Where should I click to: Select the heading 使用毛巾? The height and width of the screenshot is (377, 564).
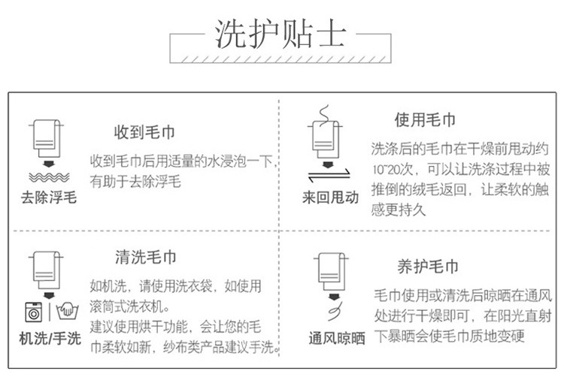click(425, 120)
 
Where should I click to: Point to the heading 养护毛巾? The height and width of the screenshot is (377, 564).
click(427, 267)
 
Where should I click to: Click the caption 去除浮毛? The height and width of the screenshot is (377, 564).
click(48, 198)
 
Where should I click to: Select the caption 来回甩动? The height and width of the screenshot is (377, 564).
click(330, 198)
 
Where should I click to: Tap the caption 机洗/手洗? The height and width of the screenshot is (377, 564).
click(50, 338)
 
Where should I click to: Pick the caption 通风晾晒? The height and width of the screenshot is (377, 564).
click(336, 339)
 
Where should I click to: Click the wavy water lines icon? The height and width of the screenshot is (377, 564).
click(49, 177)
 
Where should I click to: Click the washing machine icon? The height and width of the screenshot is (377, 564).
click(34, 311)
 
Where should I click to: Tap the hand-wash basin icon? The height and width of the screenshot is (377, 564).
click(65, 311)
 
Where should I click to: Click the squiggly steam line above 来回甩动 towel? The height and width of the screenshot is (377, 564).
click(324, 115)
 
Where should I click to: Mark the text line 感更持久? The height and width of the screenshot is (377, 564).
click(399, 210)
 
